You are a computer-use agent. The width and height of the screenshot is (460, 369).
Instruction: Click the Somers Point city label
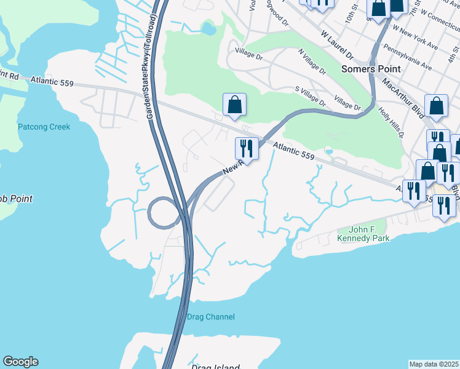(371, 69)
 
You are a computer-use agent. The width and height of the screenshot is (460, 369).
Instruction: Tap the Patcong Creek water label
(44, 127)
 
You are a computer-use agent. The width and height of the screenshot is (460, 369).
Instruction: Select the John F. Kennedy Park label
(363, 234)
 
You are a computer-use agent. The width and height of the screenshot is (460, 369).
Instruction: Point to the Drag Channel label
(210, 317)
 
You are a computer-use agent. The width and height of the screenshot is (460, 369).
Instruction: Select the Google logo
(20, 362)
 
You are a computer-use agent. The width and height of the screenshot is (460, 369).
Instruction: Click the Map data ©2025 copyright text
(434, 364)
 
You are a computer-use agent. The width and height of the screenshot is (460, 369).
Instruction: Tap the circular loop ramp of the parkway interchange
(162, 213)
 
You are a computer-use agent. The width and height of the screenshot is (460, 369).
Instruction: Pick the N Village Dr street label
(312, 62)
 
